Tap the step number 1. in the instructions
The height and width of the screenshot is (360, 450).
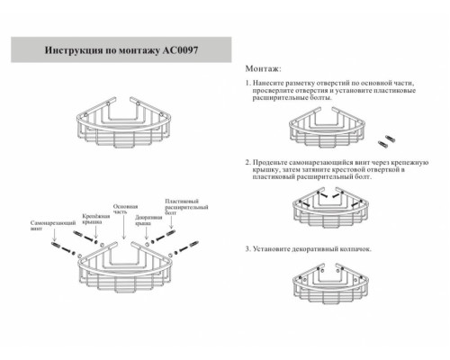[247, 83]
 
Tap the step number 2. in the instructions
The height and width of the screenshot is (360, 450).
[247, 162]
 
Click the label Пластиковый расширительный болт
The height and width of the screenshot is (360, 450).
[182, 209]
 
